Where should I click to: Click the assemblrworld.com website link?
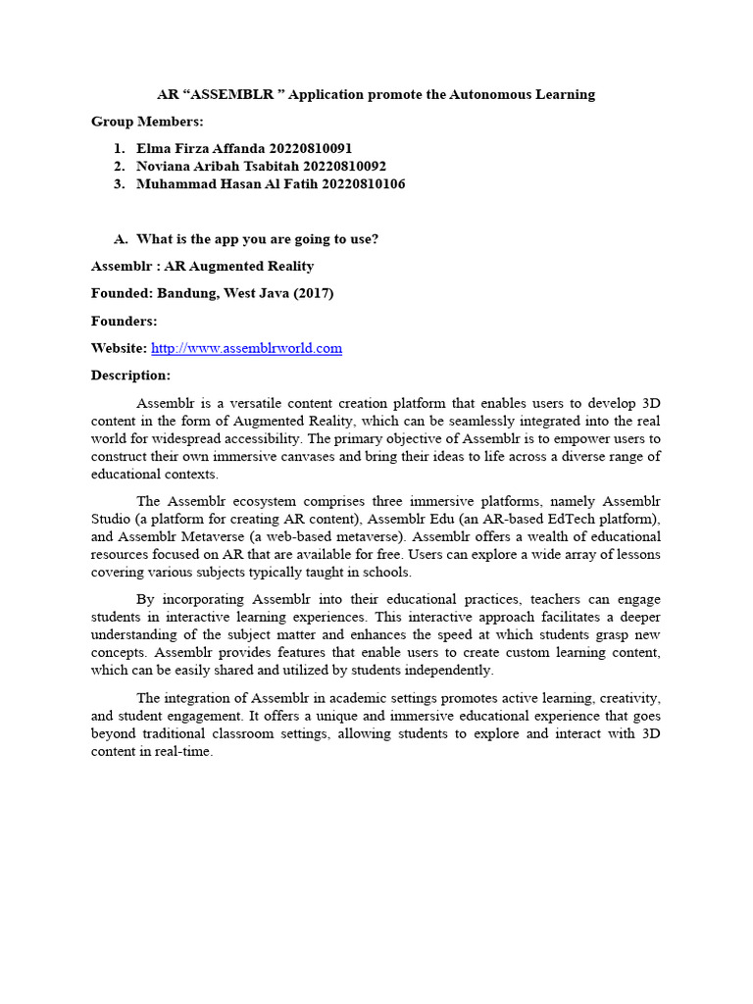[x=246, y=348]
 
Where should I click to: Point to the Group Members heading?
[x=147, y=122]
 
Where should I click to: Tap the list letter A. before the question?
[x=122, y=238]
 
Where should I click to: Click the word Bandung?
[x=189, y=293]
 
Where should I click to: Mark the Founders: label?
[x=125, y=321]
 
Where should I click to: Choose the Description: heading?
[x=130, y=376]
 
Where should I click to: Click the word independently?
[x=444, y=670]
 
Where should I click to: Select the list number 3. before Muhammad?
[x=120, y=183]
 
